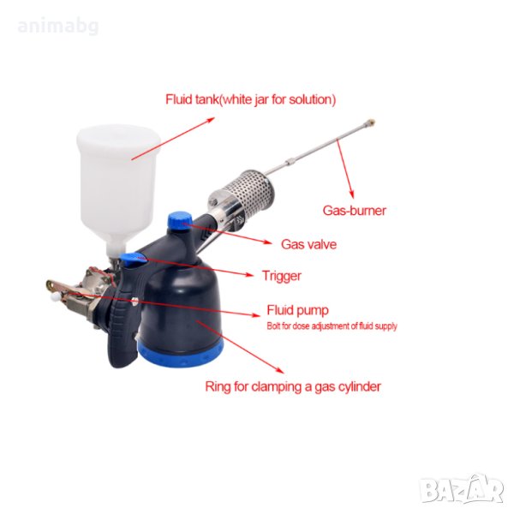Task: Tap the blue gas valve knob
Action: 180,220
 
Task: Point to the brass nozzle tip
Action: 371,123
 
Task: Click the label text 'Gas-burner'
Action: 355,211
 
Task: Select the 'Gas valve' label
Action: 308,244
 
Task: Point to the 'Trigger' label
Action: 282,276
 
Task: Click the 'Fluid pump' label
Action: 297,310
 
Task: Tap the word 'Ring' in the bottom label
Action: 218,387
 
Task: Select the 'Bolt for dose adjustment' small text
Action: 332,326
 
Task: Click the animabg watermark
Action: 58,27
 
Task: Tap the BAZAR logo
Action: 462,489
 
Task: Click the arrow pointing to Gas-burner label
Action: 345,169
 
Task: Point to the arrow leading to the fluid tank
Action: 173,139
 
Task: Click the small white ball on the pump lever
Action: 54,297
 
